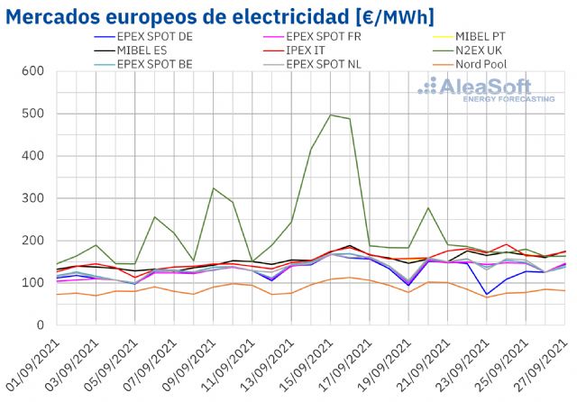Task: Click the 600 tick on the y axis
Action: click(33, 71)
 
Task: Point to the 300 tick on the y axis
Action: click(33, 198)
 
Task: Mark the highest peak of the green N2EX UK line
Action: click(330, 114)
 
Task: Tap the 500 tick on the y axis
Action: click(33, 114)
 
